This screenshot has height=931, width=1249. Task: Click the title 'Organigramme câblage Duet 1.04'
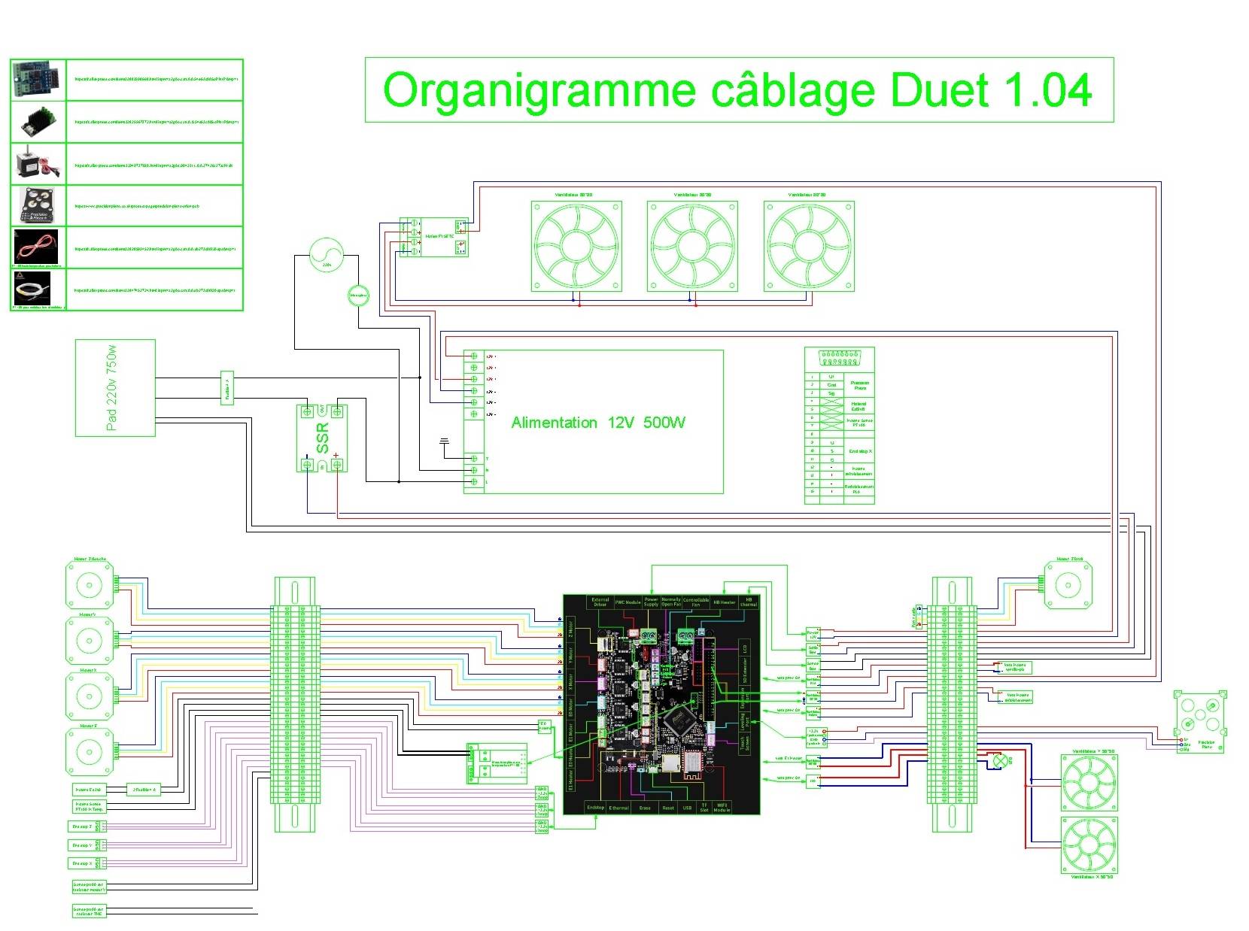tap(737, 90)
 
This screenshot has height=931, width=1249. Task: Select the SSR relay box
tap(322, 438)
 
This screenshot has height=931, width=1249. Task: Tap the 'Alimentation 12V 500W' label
tap(598, 423)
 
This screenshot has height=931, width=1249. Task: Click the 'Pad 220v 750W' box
tap(115, 387)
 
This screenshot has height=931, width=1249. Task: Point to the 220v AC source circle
tap(326, 254)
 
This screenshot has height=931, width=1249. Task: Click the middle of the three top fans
tap(692, 245)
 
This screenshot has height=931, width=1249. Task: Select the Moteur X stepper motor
tap(90, 696)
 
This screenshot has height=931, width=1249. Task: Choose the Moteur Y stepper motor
tap(90, 641)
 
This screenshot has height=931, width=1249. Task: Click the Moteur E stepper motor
tap(90, 751)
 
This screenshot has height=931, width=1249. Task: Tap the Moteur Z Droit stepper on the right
tap(1067, 584)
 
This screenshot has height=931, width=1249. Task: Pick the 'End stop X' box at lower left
tap(83, 863)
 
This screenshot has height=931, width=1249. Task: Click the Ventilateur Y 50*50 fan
tap(1089, 782)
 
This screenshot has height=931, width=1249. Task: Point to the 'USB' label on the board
tap(687, 808)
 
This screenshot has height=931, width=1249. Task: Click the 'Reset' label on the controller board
tap(667, 808)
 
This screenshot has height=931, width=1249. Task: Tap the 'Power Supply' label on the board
tap(651, 602)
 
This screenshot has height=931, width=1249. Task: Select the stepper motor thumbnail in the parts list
tap(38, 163)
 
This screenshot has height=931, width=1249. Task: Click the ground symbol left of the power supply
tap(443, 441)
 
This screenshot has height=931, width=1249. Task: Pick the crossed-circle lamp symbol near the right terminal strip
tap(1000, 760)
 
